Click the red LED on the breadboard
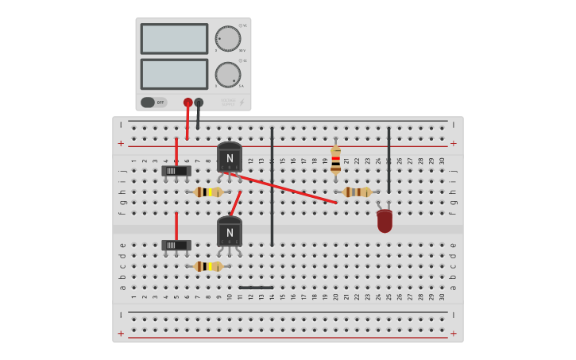click(x=385, y=220)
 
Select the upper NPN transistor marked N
click(x=230, y=157)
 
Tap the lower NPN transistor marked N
click(x=230, y=232)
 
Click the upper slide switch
click(x=176, y=171)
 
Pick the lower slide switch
click(x=176, y=246)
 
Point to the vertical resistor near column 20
click(x=335, y=160)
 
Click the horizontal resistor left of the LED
click(x=357, y=192)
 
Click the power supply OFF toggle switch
click(x=154, y=102)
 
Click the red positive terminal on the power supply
click(x=187, y=103)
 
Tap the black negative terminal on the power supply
click(x=199, y=103)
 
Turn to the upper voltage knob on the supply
click(x=228, y=38)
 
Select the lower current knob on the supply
click(x=228, y=75)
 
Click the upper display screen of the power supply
click(x=174, y=38)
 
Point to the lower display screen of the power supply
click(x=174, y=74)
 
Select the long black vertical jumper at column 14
click(x=272, y=187)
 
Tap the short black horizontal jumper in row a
click(x=256, y=288)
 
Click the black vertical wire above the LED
click(x=389, y=159)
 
